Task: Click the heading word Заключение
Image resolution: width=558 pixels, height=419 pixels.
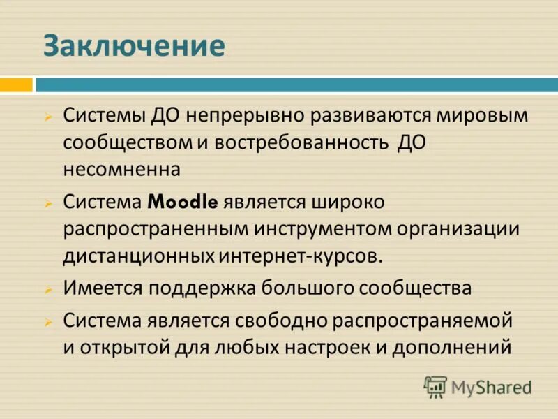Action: point(134,46)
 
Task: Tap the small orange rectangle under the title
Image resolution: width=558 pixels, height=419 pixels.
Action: point(16,85)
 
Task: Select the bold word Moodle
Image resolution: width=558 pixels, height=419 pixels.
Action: point(183,202)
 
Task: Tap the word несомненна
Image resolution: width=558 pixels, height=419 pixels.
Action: point(122,168)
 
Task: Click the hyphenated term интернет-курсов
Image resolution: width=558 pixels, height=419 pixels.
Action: point(301,255)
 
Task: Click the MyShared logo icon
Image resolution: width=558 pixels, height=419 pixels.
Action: point(435,386)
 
